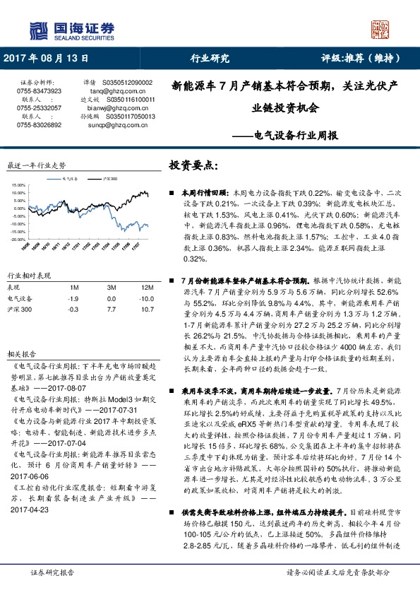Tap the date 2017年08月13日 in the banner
[x=47, y=58]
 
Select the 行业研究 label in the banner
[x=210, y=58]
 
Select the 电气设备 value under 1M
[x=72, y=298]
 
